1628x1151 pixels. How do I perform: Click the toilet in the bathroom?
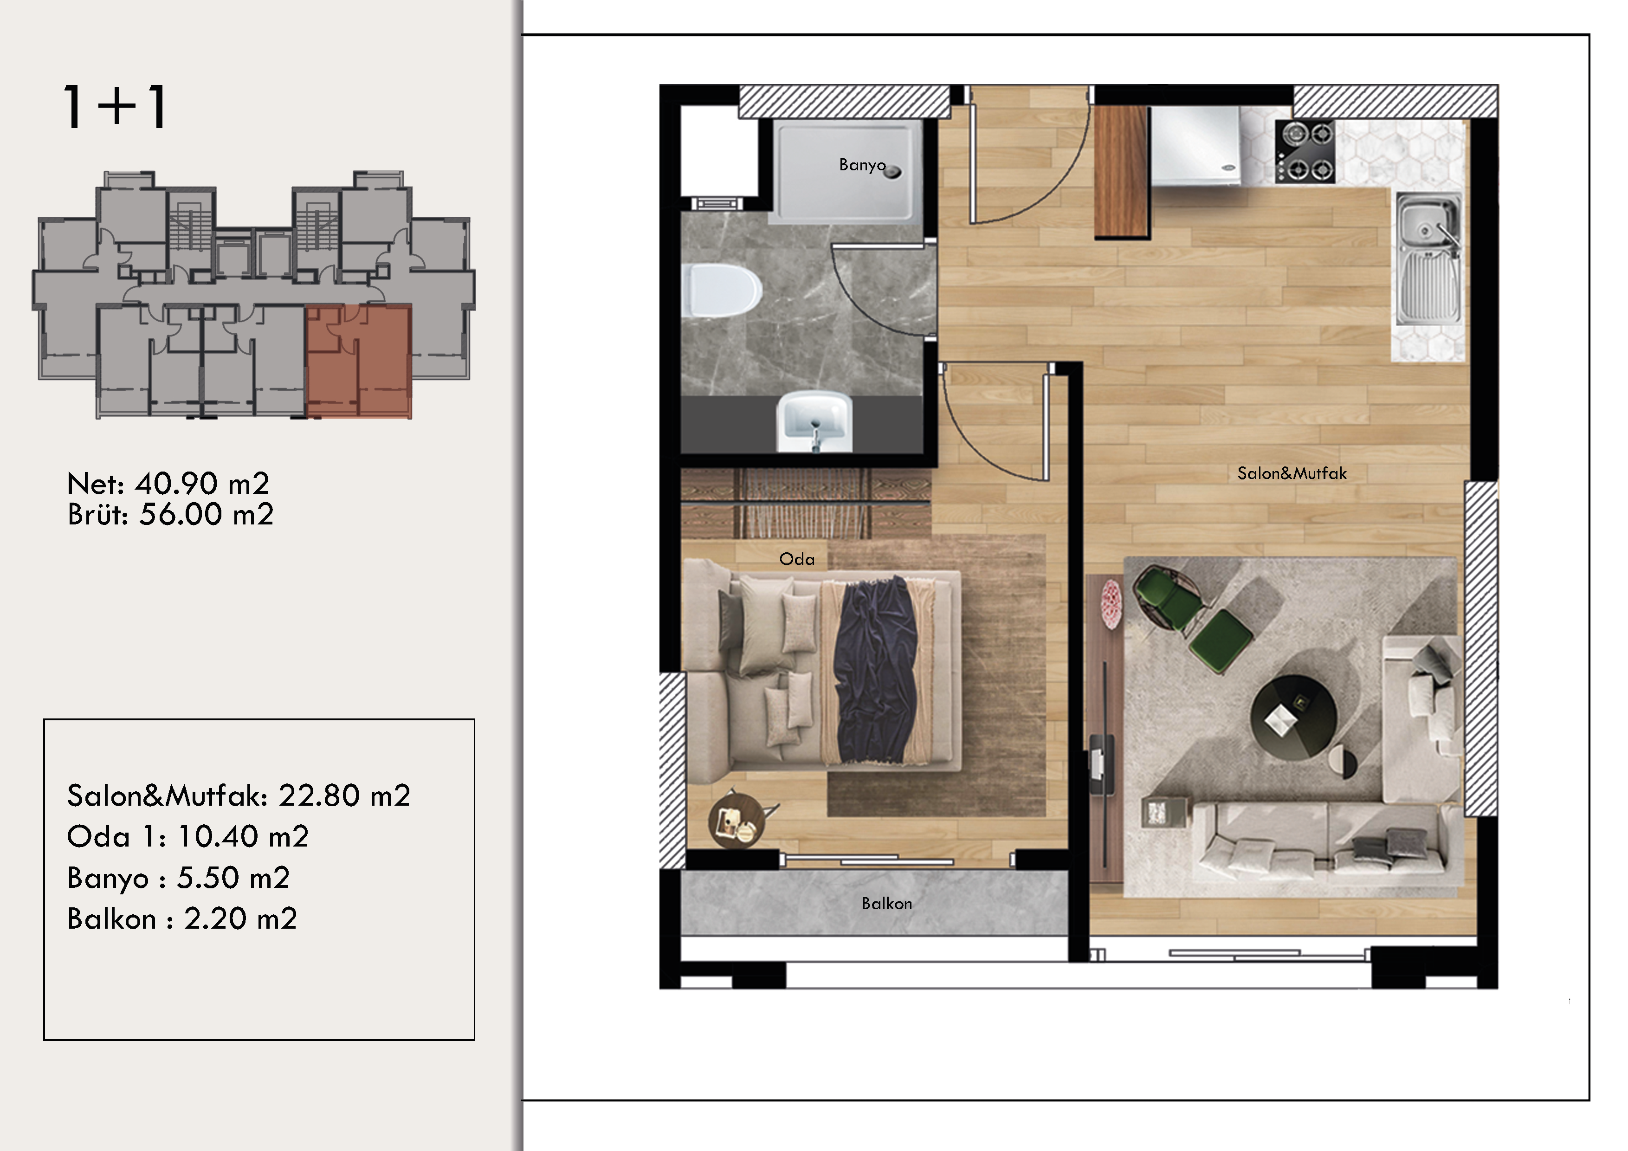(x=720, y=290)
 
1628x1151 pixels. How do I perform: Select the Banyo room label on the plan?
(x=862, y=165)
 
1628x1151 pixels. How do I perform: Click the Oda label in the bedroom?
(x=797, y=559)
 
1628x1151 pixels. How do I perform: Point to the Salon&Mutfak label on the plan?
(x=1292, y=473)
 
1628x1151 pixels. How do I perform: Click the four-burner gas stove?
(x=1305, y=152)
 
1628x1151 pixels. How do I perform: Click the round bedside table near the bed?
(x=736, y=820)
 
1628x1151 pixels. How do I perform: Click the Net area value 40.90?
(x=176, y=484)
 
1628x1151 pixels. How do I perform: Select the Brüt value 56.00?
(x=181, y=514)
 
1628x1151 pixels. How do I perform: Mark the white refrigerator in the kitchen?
(x=1195, y=146)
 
